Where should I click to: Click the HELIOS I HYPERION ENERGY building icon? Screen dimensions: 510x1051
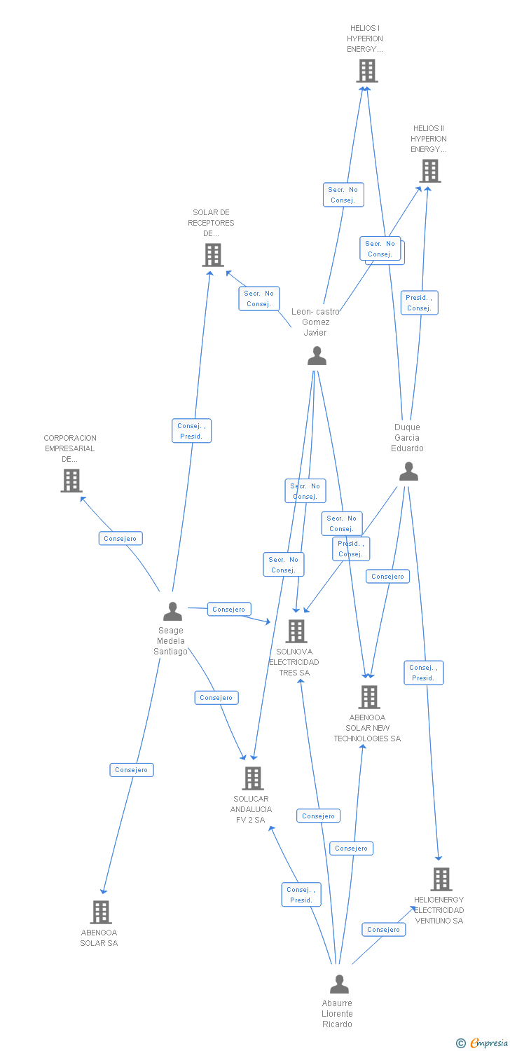pyautogui.click(x=366, y=71)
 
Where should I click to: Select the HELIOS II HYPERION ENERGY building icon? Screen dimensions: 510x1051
pyautogui.click(x=429, y=171)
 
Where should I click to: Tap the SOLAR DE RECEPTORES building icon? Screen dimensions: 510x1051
pyautogui.click(x=213, y=255)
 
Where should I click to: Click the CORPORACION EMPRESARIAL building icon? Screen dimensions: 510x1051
pyautogui.click(x=71, y=481)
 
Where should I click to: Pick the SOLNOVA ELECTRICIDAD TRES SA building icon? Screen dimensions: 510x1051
pyautogui.click(x=296, y=631)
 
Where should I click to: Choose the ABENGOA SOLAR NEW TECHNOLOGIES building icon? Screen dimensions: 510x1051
pyautogui.click(x=369, y=696)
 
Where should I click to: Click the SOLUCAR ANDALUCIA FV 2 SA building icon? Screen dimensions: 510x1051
pyautogui.click(x=252, y=778)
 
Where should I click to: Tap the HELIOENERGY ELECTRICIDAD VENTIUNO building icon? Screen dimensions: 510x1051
pyautogui.click(x=441, y=879)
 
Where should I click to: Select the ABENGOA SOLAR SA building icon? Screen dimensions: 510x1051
pyautogui.click(x=102, y=912)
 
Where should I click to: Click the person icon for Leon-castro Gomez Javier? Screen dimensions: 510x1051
pyautogui.click(x=317, y=356)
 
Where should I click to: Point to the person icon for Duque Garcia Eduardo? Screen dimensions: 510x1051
pyautogui.click(x=408, y=472)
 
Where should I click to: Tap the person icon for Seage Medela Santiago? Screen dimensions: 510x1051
pyautogui.click(x=172, y=612)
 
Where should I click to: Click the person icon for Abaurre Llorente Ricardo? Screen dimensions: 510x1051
pyautogui.click(x=339, y=984)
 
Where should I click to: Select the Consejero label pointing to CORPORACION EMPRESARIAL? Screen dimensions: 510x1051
pyautogui.click(x=120, y=538)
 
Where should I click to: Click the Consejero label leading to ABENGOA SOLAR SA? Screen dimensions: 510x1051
pyautogui.click(x=132, y=769)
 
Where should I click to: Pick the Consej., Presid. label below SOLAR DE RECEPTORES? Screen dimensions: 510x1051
pyautogui.click(x=191, y=431)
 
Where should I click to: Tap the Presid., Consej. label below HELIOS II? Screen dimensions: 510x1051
pyautogui.click(x=419, y=303)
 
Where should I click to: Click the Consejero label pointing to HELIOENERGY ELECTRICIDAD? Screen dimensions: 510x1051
pyautogui.click(x=383, y=929)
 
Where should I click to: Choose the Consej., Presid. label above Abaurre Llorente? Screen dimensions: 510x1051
pyautogui.click(x=301, y=895)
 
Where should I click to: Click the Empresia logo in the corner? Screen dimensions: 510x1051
pyautogui.click(x=483, y=1043)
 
